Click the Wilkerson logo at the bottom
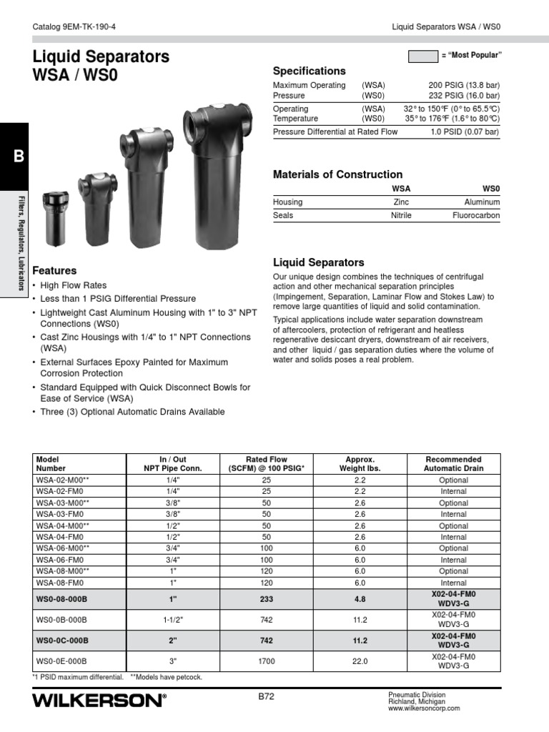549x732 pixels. pyautogui.click(x=99, y=701)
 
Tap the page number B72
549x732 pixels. pyautogui.click(x=266, y=694)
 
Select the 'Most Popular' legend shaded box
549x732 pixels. pyautogui.click(x=422, y=56)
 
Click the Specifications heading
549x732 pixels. pyautogui.click(x=309, y=71)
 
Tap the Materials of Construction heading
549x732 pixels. pyautogui.click(x=337, y=174)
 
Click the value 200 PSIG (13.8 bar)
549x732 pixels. pyautogui.click(x=463, y=85)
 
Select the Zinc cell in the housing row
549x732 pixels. pyautogui.click(x=401, y=202)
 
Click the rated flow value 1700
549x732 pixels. pyautogui.click(x=266, y=662)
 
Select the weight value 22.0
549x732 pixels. pyautogui.click(x=360, y=662)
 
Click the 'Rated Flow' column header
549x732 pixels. pyautogui.click(x=266, y=464)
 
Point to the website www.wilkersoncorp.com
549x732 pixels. pyautogui.click(x=424, y=708)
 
